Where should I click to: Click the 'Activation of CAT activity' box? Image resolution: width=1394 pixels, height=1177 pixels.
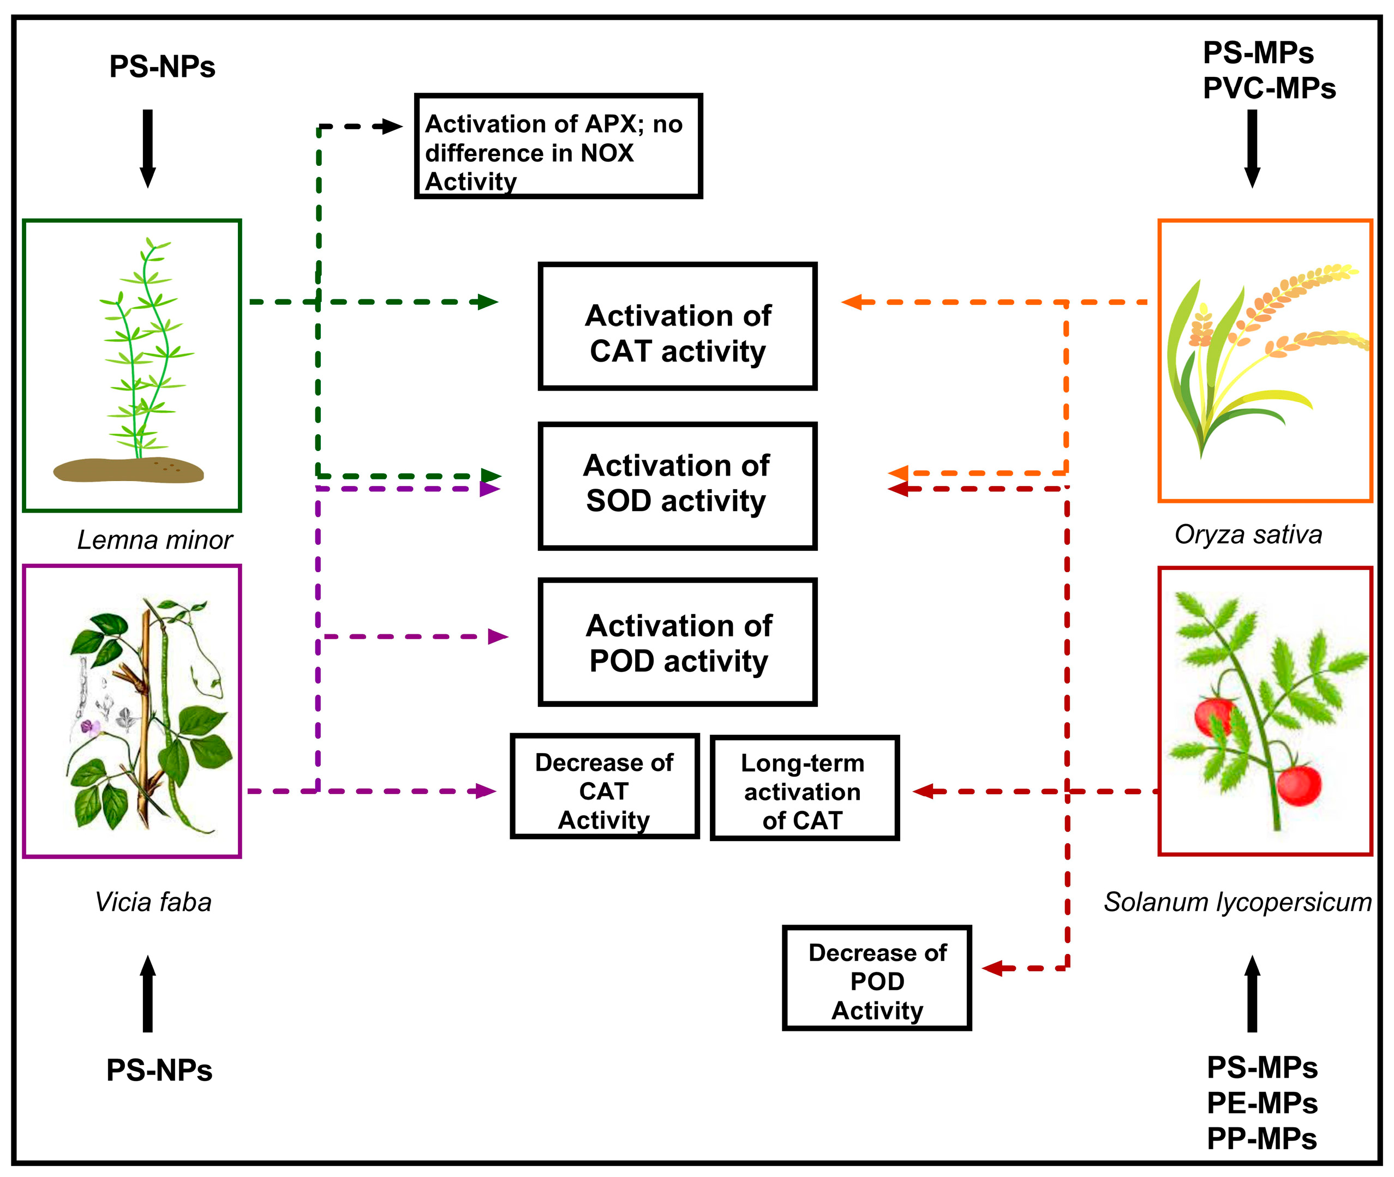click(x=677, y=326)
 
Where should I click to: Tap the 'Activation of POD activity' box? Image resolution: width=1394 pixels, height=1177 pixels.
click(x=677, y=641)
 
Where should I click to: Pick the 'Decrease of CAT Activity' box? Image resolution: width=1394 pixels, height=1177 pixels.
click(x=604, y=786)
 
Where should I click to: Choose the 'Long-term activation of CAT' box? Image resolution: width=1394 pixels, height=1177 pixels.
click(x=804, y=788)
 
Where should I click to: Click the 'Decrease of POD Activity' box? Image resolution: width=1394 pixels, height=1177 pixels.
click(x=876, y=977)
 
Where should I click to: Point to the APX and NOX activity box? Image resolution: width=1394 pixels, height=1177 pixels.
click(x=557, y=146)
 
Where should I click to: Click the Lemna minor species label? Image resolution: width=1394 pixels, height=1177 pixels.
click(x=154, y=539)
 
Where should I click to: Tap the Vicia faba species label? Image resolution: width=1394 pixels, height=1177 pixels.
click(x=153, y=902)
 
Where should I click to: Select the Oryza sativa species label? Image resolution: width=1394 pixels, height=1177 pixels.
click(x=1247, y=535)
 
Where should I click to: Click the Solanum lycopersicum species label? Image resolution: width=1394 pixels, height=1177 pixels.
click(x=1236, y=902)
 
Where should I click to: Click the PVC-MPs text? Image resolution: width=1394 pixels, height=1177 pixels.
click(x=1268, y=88)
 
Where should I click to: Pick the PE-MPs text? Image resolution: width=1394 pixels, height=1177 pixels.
click(x=1261, y=1103)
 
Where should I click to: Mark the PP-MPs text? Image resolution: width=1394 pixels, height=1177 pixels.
click(x=1261, y=1138)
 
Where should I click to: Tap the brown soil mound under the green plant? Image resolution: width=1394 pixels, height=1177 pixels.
click(x=128, y=470)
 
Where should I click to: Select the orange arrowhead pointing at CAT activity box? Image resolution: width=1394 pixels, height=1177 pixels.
click(x=852, y=302)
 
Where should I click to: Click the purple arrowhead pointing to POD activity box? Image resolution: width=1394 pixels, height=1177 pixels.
click(x=497, y=636)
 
